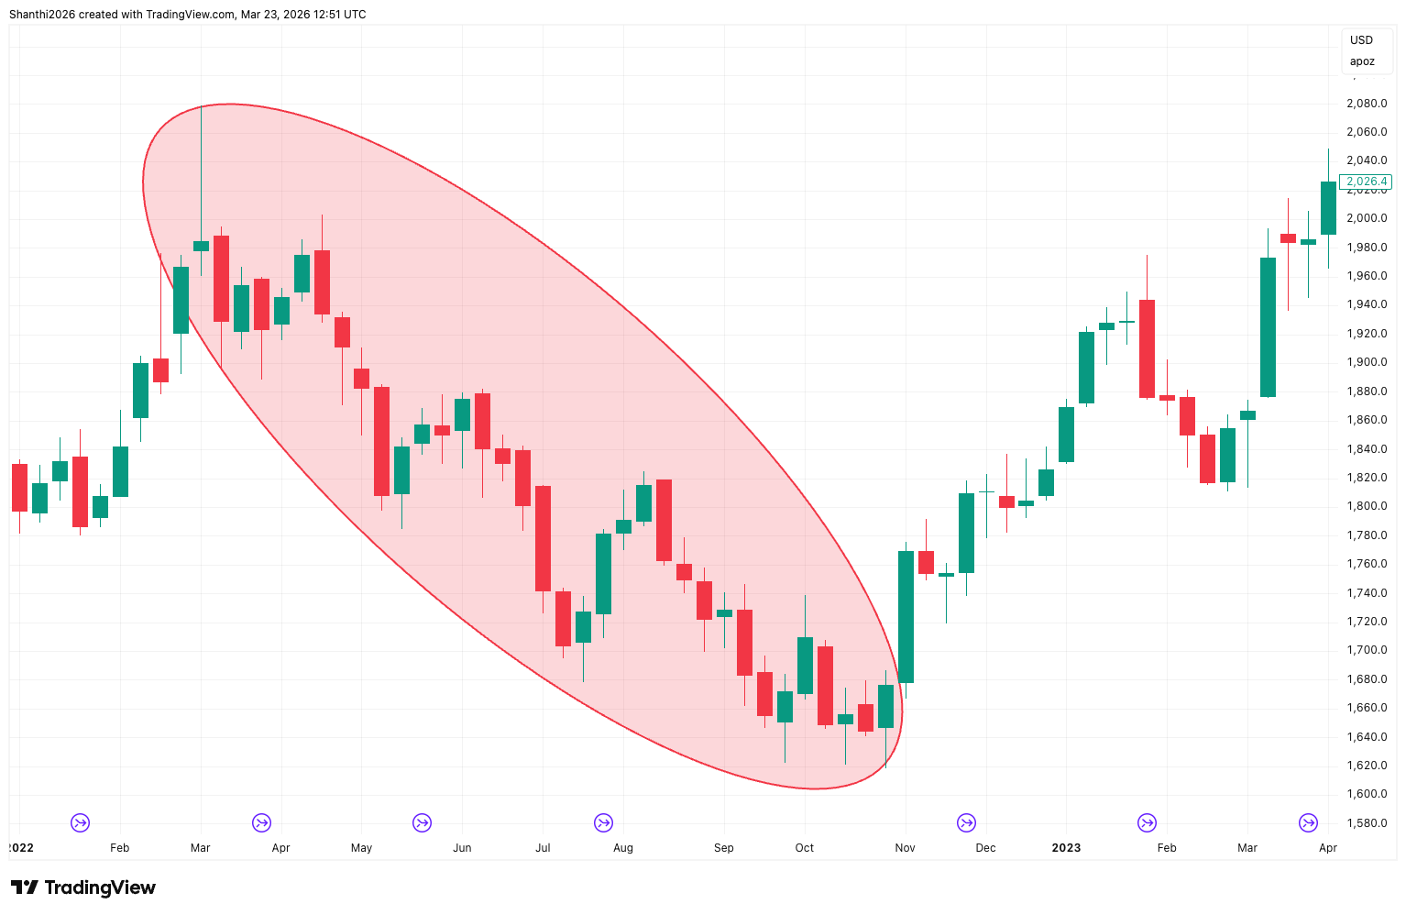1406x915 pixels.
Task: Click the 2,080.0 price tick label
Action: [1366, 104]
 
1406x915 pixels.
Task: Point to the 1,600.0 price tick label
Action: [1366, 794]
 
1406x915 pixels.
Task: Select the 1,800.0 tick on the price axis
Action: [1366, 506]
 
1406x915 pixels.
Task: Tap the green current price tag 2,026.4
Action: [1366, 182]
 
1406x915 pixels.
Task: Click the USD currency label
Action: [1361, 40]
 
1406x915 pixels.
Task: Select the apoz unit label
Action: [1362, 61]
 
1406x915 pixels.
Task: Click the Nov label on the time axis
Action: [905, 848]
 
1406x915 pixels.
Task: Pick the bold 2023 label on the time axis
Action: [1066, 848]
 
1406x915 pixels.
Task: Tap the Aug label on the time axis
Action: [623, 848]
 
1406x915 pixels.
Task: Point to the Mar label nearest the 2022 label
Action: [200, 848]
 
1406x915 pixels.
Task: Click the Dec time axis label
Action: [985, 848]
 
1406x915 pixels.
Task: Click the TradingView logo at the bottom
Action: [83, 887]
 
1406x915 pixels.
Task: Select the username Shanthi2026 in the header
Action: [41, 15]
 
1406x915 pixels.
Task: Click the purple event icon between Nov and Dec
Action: [966, 822]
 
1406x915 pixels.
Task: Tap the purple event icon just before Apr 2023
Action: [1308, 822]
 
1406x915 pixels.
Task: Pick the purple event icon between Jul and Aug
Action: [603, 822]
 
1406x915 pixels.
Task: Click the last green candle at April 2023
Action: [1328, 208]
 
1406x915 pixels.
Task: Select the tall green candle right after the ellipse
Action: [906, 616]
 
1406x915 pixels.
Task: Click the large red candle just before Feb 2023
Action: [1147, 348]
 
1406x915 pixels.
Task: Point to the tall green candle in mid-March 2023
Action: [1268, 327]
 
